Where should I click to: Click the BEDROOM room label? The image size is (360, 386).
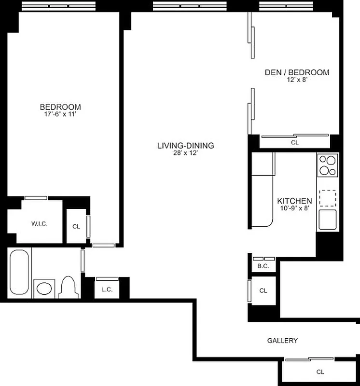point(60,107)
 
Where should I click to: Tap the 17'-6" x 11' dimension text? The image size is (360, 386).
point(60,114)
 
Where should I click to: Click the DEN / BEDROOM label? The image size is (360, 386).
point(297,73)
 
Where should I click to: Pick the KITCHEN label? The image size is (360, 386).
point(294,201)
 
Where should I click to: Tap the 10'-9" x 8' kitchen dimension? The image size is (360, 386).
point(294,208)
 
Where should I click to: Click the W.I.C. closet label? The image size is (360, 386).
point(40,224)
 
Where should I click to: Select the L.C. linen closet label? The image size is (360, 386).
point(107,290)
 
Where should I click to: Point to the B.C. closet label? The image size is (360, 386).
point(263,266)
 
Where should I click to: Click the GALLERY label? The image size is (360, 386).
point(282,341)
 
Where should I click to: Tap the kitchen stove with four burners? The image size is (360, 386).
point(328,165)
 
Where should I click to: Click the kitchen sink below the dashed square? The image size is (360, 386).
point(328,220)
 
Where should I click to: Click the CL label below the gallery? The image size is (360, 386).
point(320,372)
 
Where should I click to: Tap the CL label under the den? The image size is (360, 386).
point(295,143)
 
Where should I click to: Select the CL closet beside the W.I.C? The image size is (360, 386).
point(76,226)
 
